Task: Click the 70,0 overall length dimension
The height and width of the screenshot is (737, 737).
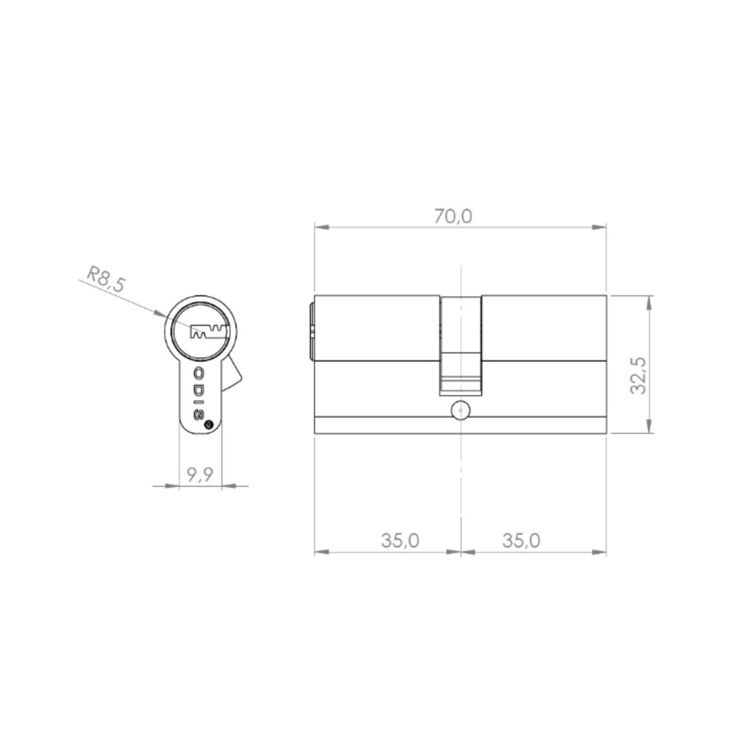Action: coord(453,216)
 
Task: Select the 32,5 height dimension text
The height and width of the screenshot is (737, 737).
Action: coord(639,376)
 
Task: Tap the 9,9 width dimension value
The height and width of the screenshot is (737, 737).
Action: coord(200,475)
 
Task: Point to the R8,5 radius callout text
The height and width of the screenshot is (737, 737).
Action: coord(106,279)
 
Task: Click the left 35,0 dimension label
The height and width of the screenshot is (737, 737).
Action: coord(399,540)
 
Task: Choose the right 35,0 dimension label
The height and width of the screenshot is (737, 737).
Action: coord(521,540)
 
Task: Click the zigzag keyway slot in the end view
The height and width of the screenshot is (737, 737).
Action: coord(209,332)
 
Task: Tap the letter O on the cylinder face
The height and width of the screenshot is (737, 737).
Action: coord(199,374)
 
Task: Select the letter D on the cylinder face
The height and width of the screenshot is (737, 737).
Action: coord(199,388)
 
